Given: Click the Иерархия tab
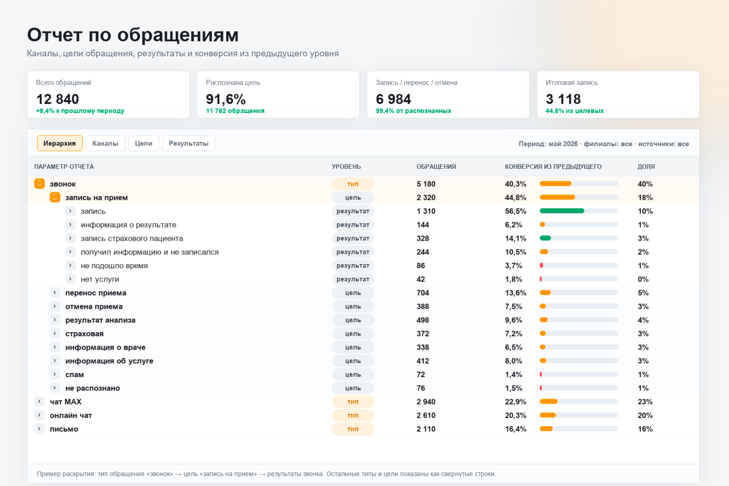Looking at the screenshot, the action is [x=59, y=143].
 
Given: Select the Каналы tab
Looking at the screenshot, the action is [x=105, y=143].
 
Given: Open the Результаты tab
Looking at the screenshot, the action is [x=188, y=143].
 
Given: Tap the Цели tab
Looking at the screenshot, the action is [x=143, y=143].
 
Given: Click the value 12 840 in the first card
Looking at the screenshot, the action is [x=58, y=99].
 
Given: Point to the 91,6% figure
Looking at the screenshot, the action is [x=225, y=99].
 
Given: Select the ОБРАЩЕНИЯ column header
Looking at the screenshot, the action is [x=436, y=167].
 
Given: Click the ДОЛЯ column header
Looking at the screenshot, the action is [x=646, y=167].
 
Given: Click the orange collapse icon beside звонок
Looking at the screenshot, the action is [x=39, y=184].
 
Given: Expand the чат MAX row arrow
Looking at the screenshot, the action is [x=39, y=402].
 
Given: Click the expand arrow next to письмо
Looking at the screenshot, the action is [x=39, y=429].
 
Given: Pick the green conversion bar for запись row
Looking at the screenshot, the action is [x=562, y=211].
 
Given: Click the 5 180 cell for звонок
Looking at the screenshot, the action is [x=426, y=184].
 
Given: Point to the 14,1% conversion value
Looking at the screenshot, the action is [x=515, y=238].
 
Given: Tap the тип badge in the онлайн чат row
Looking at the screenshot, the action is [x=353, y=415].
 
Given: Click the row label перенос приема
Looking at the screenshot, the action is [x=96, y=293].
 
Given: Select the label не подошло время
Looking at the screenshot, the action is [x=114, y=266].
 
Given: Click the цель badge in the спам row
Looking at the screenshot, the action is [x=353, y=374].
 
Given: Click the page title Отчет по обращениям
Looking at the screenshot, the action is [x=133, y=35].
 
